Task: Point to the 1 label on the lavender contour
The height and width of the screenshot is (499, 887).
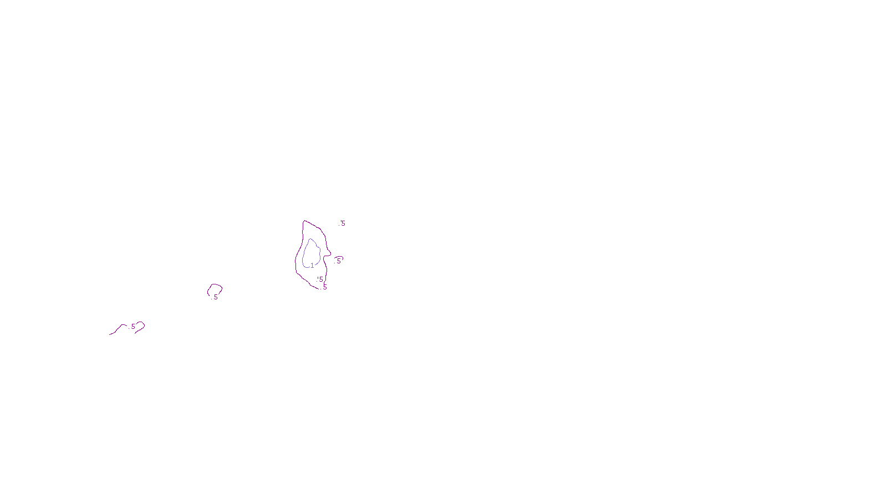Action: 312,266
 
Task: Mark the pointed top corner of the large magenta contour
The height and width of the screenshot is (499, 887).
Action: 304,221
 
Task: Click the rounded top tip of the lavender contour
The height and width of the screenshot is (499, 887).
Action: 310,239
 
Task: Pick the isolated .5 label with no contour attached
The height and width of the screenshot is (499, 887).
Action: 343,223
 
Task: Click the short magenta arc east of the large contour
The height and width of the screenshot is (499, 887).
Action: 339,257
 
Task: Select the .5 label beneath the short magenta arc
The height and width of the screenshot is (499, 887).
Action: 339,261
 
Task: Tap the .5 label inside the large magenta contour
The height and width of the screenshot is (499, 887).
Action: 320,279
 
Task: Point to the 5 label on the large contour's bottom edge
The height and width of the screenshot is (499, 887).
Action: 325,287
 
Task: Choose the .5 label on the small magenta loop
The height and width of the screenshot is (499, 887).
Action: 215,297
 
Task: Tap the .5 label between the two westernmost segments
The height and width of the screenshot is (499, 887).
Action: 132,327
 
